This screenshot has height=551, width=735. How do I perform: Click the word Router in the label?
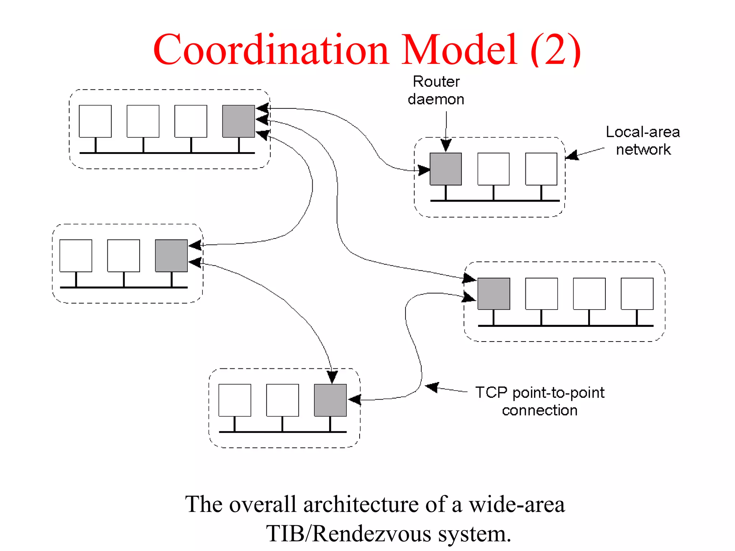pos(436,82)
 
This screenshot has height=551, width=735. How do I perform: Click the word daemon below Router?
pos(436,99)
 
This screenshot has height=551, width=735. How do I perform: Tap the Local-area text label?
pos(642,132)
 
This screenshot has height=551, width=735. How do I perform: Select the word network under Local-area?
pos(643,150)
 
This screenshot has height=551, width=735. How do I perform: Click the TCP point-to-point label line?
pos(540,392)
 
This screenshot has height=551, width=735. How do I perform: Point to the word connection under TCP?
pos(539,410)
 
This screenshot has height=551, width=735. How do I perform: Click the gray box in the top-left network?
pos(238,121)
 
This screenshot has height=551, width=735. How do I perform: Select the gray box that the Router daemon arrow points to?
pos(446,169)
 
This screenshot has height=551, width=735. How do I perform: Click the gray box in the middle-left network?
pos(171,256)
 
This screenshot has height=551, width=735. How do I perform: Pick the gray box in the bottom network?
pos(330,400)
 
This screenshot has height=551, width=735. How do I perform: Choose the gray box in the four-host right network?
pos(493,294)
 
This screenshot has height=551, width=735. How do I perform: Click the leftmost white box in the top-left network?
pos(95,121)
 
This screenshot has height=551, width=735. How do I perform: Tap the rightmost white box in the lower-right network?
pos(637,294)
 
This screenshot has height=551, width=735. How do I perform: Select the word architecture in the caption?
pos(361,504)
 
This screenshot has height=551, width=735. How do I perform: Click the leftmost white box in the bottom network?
pos(235,400)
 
